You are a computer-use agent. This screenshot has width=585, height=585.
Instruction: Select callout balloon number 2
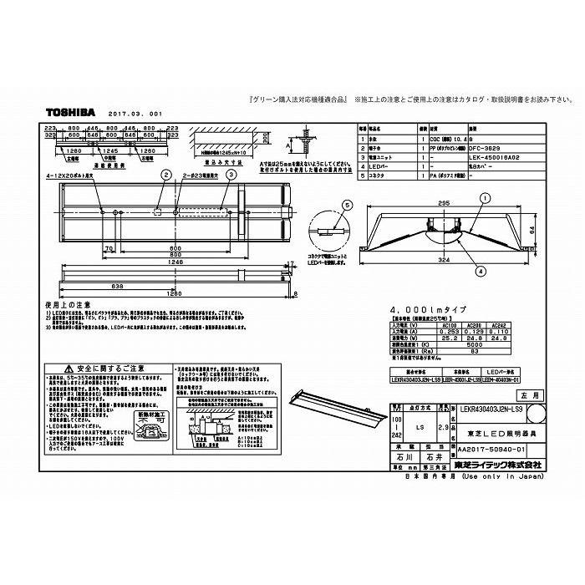pos(167,175)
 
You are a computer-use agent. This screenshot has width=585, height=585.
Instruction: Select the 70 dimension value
pos(110,249)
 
